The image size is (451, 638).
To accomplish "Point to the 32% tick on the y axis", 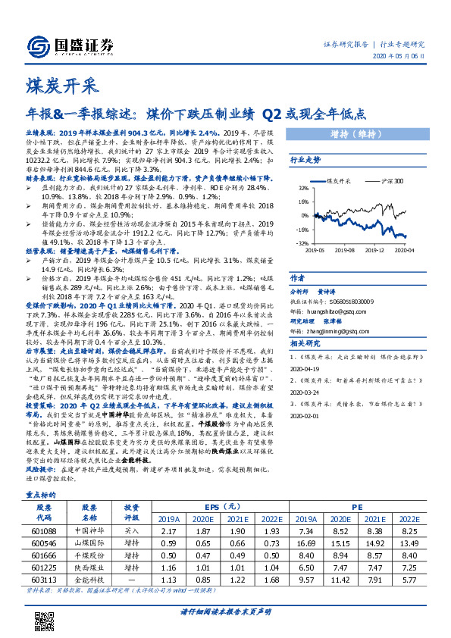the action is pos(302,188).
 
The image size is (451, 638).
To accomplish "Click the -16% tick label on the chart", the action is pos(302,230).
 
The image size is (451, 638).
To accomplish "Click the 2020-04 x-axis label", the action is pos(402,249).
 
